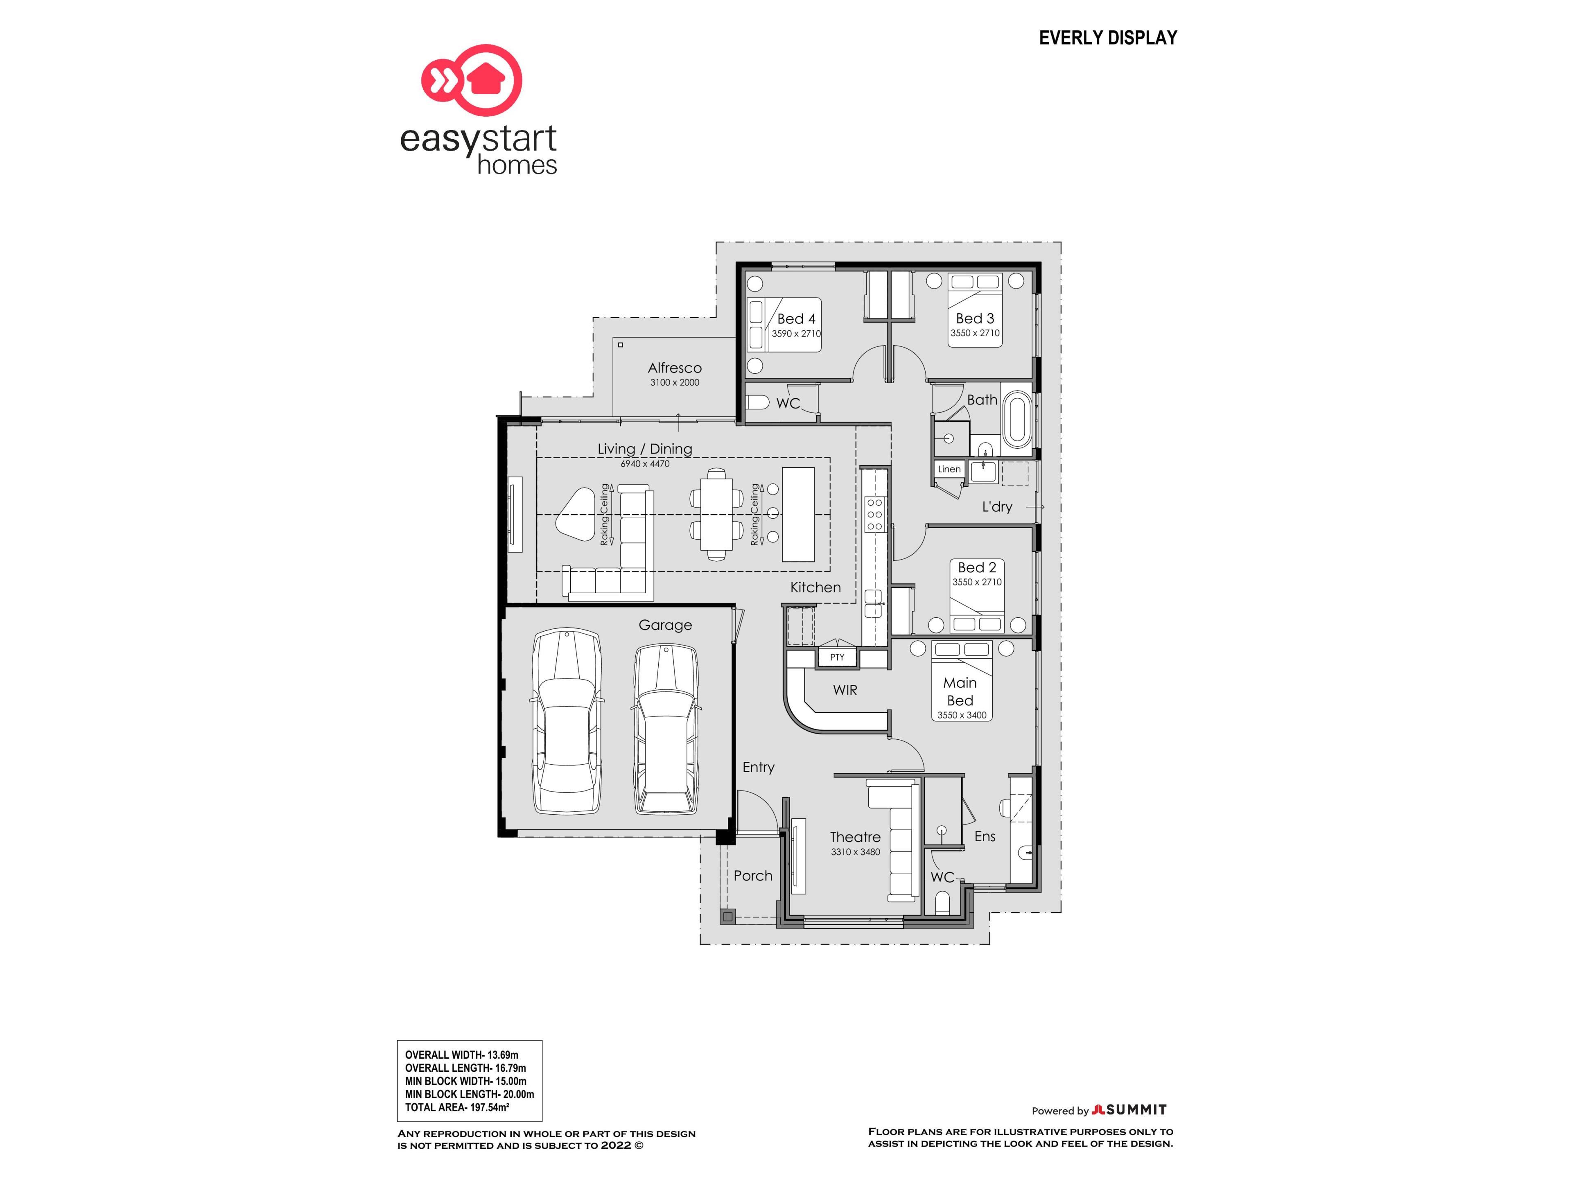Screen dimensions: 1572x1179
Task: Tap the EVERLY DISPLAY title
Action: pyautogui.click(x=1108, y=38)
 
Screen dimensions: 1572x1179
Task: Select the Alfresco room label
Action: pyautogui.click(x=674, y=368)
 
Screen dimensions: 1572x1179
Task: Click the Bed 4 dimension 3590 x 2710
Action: pyautogui.click(x=796, y=333)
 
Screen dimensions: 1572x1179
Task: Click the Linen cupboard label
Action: pyautogui.click(x=949, y=469)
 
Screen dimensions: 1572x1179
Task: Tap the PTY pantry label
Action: pyautogui.click(x=837, y=657)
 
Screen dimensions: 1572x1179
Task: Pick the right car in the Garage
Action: pyautogui.click(x=665, y=728)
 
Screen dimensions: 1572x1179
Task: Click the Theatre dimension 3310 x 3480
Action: pyautogui.click(x=855, y=852)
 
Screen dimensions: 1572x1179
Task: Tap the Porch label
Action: pyautogui.click(x=752, y=876)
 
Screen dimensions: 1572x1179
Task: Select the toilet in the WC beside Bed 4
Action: pyautogui.click(x=758, y=403)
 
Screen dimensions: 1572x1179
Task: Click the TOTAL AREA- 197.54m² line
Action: pyautogui.click(x=457, y=1107)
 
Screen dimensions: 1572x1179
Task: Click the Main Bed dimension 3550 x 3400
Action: pyautogui.click(x=962, y=715)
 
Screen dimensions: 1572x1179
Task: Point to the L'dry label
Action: pyautogui.click(x=997, y=507)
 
